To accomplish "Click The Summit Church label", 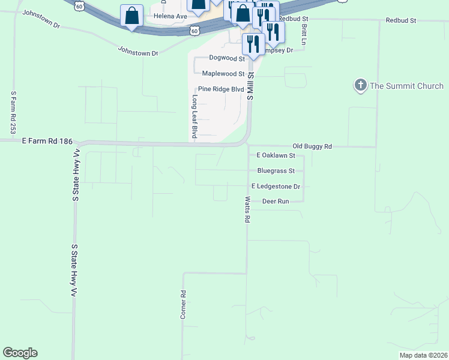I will [x=406, y=86].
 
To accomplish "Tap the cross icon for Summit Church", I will [x=361, y=86].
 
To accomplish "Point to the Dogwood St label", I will [x=227, y=58].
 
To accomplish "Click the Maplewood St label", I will [x=223, y=74].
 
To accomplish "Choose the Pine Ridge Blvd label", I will [x=221, y=89].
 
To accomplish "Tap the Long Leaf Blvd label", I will [x=194, y=116].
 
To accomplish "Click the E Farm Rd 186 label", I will [x=47, y=141].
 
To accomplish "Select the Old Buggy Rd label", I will [x=312, y=146].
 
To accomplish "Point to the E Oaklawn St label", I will [x=276, y=155].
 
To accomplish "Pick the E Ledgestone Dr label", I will [x=276, y=187].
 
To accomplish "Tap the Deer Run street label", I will [x=276, y=202].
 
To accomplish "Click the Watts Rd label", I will [x=247, y=209].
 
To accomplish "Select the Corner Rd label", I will [x=184, y=304].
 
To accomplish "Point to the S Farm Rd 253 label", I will [x=13, y=112].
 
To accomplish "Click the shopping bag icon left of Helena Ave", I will [x=131, y=16].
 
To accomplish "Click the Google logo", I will [x=20, y=353].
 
